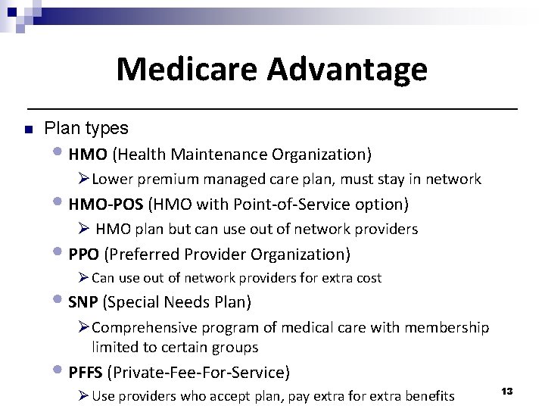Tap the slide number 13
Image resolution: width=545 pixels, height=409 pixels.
click(507, 391)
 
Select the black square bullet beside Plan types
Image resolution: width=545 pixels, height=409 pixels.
click(26, 130)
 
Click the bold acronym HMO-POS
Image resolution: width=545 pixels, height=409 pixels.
click(106, 204)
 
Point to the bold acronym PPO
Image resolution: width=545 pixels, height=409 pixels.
click(84, 254)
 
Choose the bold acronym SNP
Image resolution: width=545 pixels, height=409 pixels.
click(83, 302)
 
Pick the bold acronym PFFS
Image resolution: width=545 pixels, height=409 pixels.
click(86, 372)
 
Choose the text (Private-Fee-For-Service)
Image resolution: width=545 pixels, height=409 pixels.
click(198, 372)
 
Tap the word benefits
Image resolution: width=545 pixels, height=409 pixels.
click(425, 396)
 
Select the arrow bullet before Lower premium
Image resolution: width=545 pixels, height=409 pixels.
click(83, 180)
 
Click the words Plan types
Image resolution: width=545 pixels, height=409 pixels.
click(86, 129)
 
